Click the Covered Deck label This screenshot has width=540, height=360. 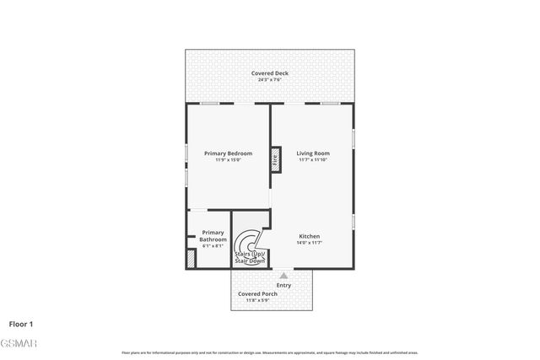pos(270,73)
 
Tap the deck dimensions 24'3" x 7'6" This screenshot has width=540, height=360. pos(270,80)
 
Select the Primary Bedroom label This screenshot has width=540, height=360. pos(228,153)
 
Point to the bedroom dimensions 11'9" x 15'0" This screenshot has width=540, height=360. pos(228,159)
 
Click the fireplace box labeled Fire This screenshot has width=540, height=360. pos(274,159)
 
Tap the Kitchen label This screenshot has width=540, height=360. pos(309,236)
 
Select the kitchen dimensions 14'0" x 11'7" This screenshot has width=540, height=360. pos(309,243)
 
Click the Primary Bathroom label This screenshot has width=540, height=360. pos(213,236)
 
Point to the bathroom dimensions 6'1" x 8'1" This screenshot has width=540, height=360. pos(213,246)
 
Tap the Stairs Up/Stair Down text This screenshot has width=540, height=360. pos(250,257)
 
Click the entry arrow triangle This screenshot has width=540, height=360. pos(283,275)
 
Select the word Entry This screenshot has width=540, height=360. pos(283,285)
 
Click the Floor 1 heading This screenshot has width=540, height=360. pos(21,323)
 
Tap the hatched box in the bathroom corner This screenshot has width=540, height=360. pos(192,260)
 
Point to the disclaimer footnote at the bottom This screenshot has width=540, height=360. pos(270,352)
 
